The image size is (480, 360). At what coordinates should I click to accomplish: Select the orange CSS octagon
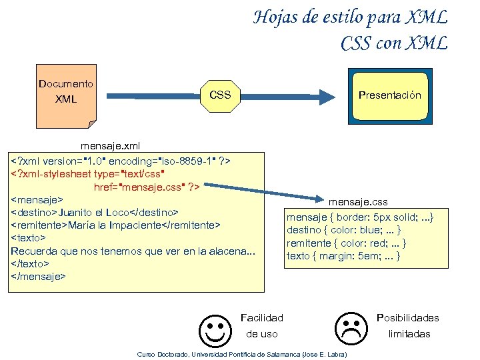pyautogui.click(x=220, y=95)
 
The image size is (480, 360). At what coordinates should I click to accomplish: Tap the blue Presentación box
pyautogui.click(x=390, y=95)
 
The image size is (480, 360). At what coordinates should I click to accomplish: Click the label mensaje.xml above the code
pyautogui.click(x=110, y=145)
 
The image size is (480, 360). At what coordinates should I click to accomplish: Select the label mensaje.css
pyautogui.click(x=358, y=202)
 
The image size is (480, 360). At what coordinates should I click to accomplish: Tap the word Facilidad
pyautogui.click(x=262, y=318)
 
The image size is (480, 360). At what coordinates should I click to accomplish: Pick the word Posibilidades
pyautogui.click(x=408, y=318)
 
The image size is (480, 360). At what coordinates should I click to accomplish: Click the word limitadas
pyautogui.click(x=409, y=334)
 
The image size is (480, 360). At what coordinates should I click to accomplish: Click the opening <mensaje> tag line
pyautogui.click(x=37, y=199)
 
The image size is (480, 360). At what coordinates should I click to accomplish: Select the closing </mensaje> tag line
pyautogui.click(x=39, y=276)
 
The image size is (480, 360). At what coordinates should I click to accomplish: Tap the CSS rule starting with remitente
pyautogui.click(x=347, y=243)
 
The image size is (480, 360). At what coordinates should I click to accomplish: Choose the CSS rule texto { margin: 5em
pyautogui.click(x=343, y=256)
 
